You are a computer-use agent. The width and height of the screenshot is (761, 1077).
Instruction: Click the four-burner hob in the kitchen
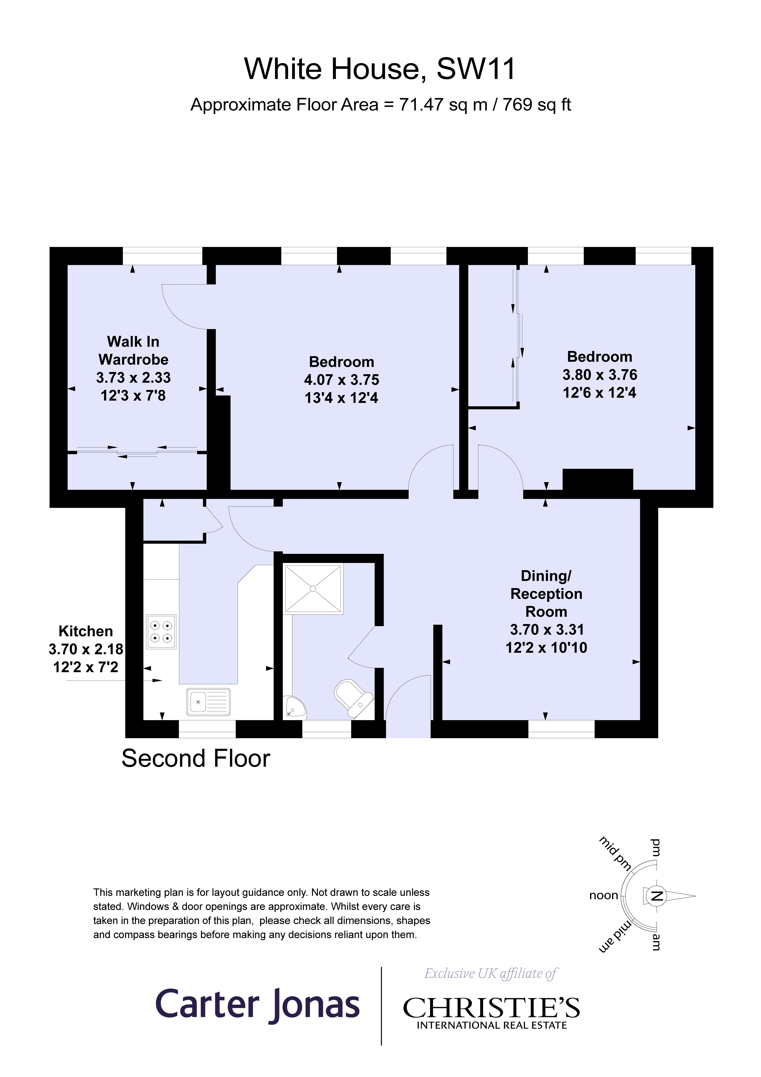(x=161, y=631)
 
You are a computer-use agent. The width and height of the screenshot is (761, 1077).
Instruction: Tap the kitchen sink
(x=208, y=702)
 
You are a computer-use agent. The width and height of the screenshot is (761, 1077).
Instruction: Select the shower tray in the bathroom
(x=313, y=588)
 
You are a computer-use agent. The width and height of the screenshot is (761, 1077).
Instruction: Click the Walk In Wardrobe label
(x=133, y=350)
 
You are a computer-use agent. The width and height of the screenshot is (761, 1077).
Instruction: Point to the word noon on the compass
(x=603, y=896)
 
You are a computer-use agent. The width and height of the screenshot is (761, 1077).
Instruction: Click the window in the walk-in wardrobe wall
(x=162, y=256)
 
